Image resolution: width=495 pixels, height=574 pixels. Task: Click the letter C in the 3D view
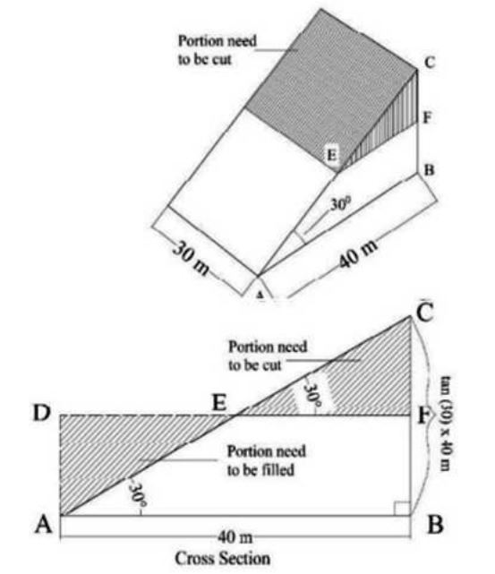pos(430,63)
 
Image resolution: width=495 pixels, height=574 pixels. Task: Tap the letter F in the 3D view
pos(428,118)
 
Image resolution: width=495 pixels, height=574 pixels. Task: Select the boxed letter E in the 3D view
pos(331,155)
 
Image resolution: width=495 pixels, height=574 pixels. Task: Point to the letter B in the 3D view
pos(429,170)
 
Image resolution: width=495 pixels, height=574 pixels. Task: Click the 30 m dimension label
pos(192,258)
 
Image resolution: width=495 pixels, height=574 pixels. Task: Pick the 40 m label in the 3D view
pos(357,253)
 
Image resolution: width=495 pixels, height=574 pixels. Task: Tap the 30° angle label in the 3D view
pos(340,204)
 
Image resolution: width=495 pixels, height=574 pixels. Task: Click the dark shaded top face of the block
pos(329,84)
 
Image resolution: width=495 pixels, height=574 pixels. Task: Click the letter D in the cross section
pos(41,413)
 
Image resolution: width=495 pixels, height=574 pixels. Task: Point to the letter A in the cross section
pos(44,525)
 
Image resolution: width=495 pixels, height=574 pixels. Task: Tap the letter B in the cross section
pos(435,525)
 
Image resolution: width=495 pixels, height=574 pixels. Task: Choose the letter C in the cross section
pos(424,311)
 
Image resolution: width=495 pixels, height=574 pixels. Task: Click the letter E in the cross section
pos(219,403)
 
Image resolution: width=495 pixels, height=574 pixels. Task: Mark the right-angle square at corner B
pos(402,508)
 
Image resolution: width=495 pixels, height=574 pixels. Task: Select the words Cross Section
pos(223,559)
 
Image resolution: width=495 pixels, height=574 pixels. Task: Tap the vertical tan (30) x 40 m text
pos(446,424)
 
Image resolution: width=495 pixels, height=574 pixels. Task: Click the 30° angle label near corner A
pos(138,494)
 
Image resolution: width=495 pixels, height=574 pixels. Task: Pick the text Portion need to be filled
pos(267,460)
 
